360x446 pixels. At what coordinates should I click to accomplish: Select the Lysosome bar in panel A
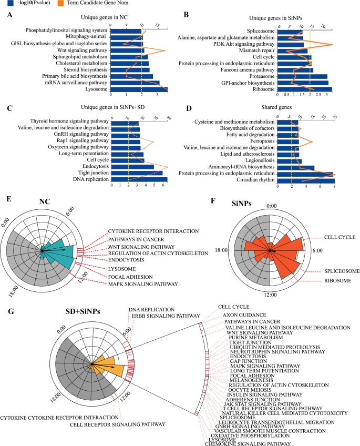pos(139,89)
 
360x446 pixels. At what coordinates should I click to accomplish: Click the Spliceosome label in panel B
pos(261,32)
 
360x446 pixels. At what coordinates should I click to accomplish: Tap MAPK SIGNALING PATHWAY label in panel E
pos(141,285)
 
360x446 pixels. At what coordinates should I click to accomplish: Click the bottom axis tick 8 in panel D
pos(335,187)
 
